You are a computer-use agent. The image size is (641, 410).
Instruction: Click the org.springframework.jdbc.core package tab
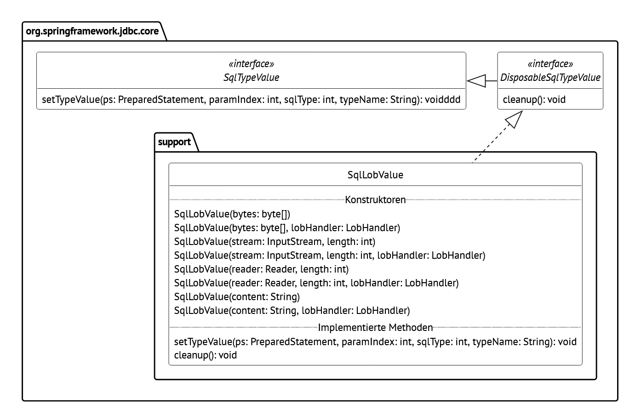point(92,31)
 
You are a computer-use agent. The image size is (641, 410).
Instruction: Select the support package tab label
point(174,142)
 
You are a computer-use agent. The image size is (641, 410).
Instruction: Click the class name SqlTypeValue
point(251,77)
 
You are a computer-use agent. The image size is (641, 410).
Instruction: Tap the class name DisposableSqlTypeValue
point(550,77)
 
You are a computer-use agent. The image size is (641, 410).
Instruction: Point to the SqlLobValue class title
point(375,175)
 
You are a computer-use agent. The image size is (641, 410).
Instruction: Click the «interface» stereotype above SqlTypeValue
point(251,64)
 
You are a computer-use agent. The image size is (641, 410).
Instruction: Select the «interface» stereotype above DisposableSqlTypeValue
point(550,64)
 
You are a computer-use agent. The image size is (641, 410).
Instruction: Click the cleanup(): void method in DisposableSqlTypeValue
point(534,100)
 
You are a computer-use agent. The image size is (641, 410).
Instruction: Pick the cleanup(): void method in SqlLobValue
point(205,355)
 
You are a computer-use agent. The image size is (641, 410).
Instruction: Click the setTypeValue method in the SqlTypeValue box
point(251,100)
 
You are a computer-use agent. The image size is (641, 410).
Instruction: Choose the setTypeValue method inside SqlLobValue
point(375,342)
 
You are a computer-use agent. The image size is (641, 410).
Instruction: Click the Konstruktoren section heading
point(375,200)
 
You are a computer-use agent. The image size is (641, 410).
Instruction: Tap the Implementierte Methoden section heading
point(375,328)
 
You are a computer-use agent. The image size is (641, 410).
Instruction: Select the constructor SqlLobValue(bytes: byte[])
point(232,214)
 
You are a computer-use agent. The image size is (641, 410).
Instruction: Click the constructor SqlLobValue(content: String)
point(237,297)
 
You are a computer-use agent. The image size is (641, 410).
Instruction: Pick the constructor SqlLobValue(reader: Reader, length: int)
point(261,269)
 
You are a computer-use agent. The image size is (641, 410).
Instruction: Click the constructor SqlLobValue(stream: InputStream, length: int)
point(275,242)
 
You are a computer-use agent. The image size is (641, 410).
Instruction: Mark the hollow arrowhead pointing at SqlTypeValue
point(477,81)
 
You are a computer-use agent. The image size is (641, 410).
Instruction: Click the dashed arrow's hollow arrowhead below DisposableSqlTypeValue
point(515,120)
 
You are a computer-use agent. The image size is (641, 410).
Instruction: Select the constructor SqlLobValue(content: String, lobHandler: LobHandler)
point(292,311)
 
